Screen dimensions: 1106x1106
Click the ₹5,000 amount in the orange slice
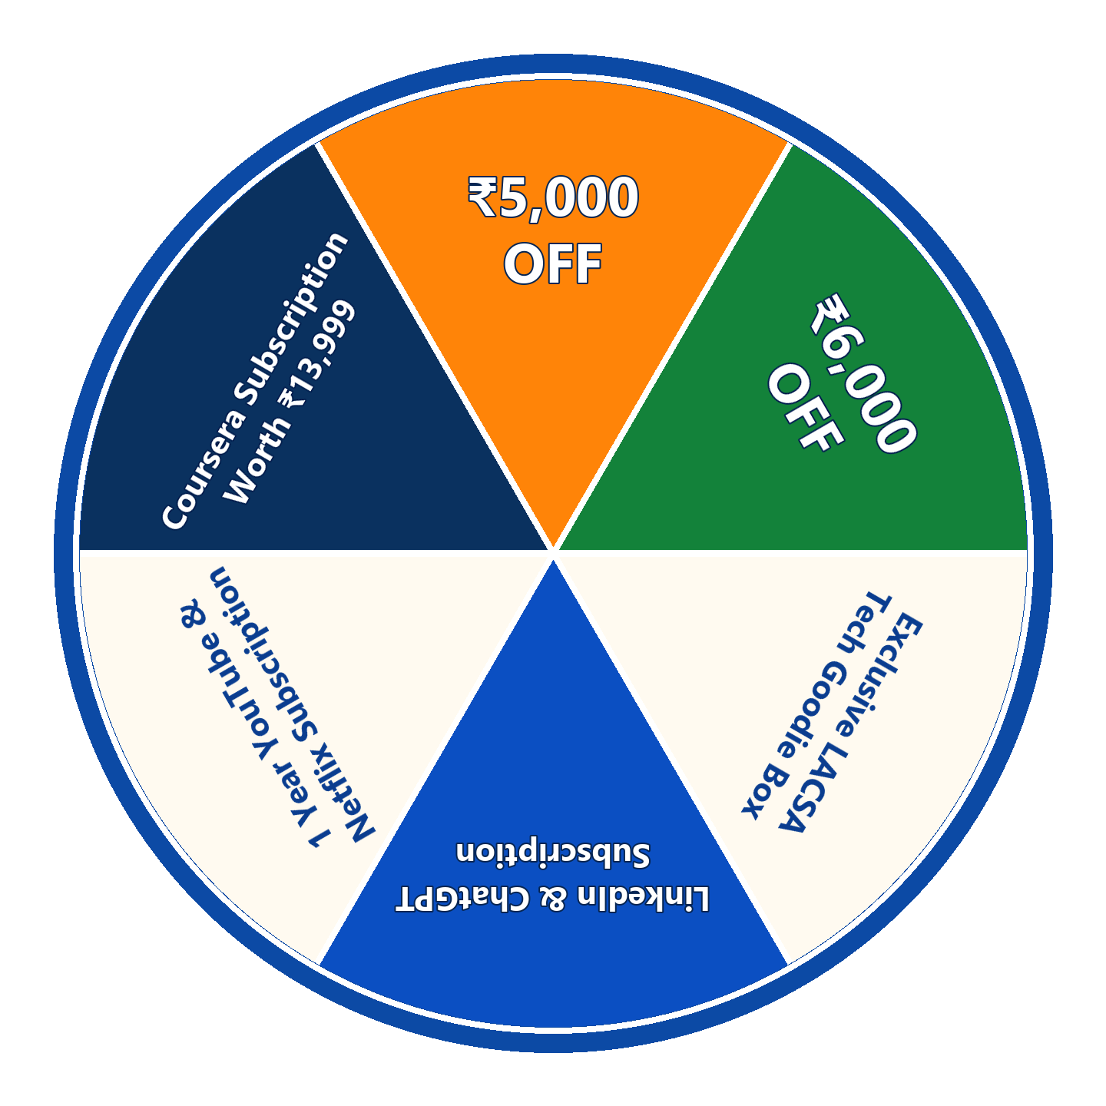pos(553,197)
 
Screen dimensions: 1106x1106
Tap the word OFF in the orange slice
pos(553,264)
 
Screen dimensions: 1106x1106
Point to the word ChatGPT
pos(462,899)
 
